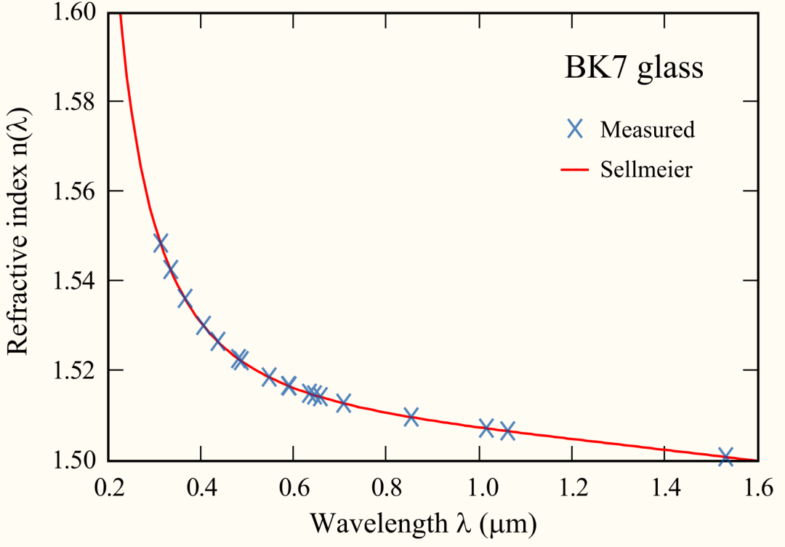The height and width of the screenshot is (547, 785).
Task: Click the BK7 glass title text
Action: point(635,68)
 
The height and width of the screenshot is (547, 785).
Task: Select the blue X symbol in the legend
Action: point(575,129)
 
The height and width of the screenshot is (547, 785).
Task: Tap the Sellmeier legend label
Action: point(646,170)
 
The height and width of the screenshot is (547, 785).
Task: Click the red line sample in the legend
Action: point(575,170)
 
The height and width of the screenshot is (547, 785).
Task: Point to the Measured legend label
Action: point(647,129)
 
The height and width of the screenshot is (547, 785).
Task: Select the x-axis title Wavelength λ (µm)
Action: point(423,523)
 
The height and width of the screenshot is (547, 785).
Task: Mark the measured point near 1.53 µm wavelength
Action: point(725,457)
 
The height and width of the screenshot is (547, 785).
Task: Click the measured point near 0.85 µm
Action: point(411,417)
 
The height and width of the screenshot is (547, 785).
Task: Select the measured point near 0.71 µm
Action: point(344,402)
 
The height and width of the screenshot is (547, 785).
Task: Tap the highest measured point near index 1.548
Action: point(161,243)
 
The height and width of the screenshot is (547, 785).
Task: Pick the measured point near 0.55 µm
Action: point(269,377)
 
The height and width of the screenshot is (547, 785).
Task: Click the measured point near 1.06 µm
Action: point(507,430)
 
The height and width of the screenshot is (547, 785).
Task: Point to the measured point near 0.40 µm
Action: point(204,325)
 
